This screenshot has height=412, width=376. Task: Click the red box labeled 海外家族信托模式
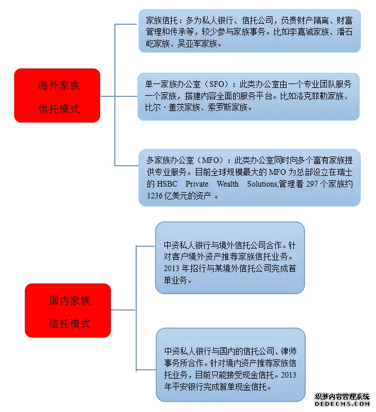(57, 95)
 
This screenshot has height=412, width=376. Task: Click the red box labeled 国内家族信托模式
(68, 311)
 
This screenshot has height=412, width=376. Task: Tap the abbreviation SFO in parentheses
(217, 84)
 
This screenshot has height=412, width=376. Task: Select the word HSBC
(167, 184)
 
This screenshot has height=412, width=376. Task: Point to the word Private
(197, 184)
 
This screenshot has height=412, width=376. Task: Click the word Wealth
(228, 184)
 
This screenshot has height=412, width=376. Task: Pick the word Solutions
(262, 184)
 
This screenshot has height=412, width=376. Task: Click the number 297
(312, 184)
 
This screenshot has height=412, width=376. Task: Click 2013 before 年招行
(172, 268)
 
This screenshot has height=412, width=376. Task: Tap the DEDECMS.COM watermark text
(342, 404)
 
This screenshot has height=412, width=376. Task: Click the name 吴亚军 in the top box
(190, 43)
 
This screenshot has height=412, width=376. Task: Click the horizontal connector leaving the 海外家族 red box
(108, 96)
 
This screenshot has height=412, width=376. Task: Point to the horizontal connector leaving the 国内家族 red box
(123, 310)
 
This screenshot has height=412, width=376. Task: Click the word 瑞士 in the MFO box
(345, 172)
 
